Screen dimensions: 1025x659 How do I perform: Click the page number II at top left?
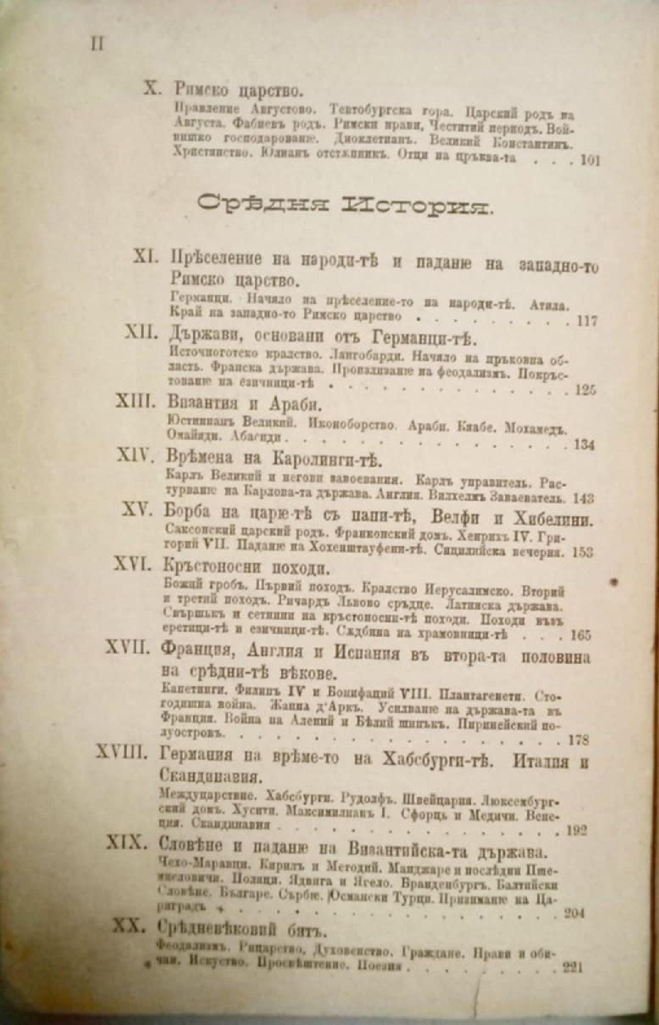pos(97,45)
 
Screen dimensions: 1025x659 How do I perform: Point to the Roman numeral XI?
pos(147,260)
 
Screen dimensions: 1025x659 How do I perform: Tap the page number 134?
pos(584,445)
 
